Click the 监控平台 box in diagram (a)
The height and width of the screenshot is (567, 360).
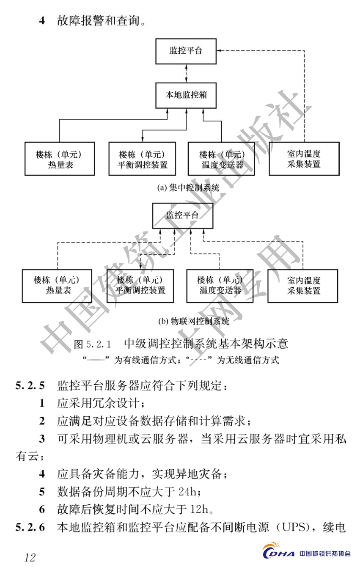pos(186,51)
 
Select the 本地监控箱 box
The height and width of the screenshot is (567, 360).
pos(186,95)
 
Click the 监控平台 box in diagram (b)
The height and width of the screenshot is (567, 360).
pos(183,216)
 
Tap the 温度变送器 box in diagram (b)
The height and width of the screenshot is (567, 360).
pos(220,285)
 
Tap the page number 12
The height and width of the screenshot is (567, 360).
pos(30,557)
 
